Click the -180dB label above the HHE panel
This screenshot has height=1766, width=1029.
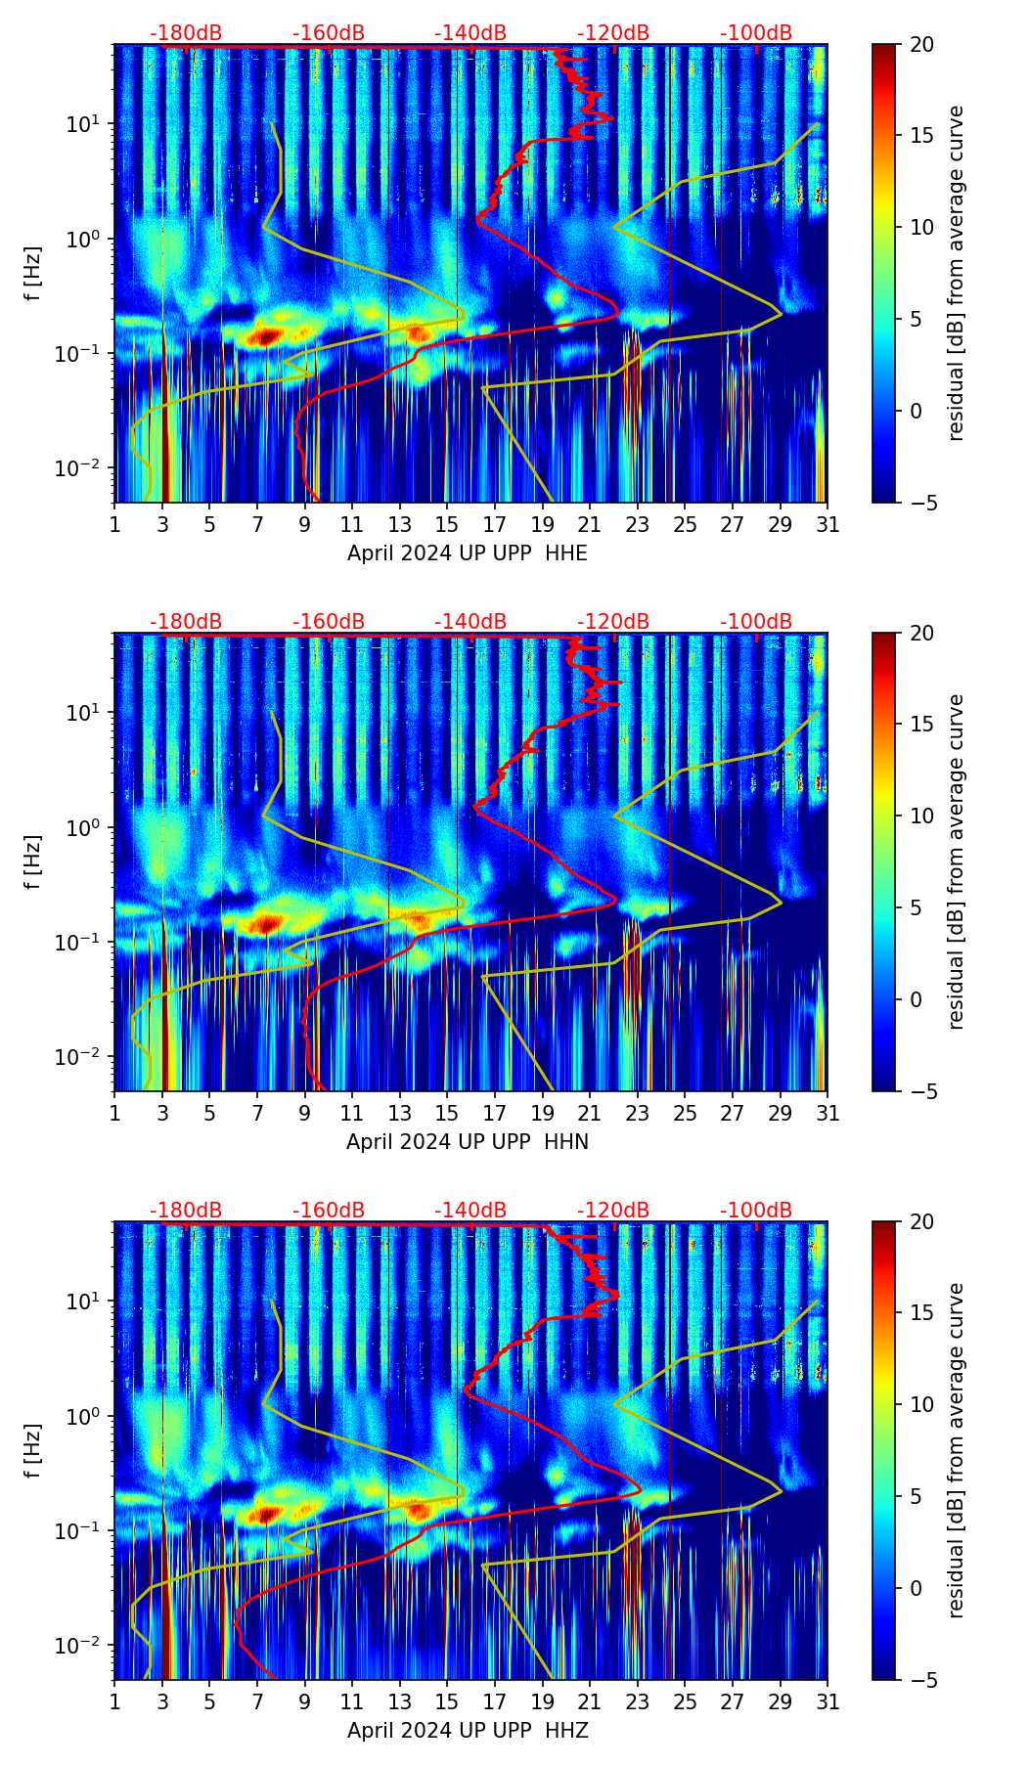point(186,34)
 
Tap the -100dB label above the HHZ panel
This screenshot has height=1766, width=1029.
point(756,1211)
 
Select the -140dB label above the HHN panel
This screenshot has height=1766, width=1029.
point(470,622)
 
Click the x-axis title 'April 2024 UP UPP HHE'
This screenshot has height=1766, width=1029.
point(468,553)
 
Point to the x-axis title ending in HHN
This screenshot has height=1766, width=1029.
point(468,1142)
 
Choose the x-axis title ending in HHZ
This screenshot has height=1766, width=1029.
point(468,1731)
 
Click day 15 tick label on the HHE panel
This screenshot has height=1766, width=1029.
point(446,525)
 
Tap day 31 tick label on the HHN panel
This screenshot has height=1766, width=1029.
point(828,1114)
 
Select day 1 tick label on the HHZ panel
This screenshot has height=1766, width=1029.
point(115,1702)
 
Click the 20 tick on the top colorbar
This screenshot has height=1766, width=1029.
point(921,45)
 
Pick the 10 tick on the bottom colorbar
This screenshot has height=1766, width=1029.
point(921,1405)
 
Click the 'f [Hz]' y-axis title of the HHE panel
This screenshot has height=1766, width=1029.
point(33,274)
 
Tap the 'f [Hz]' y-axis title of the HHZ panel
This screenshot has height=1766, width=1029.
point(33,1451)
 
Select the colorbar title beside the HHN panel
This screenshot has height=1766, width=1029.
point(957,861)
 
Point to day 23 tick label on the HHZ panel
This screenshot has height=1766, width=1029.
point(638,1702)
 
